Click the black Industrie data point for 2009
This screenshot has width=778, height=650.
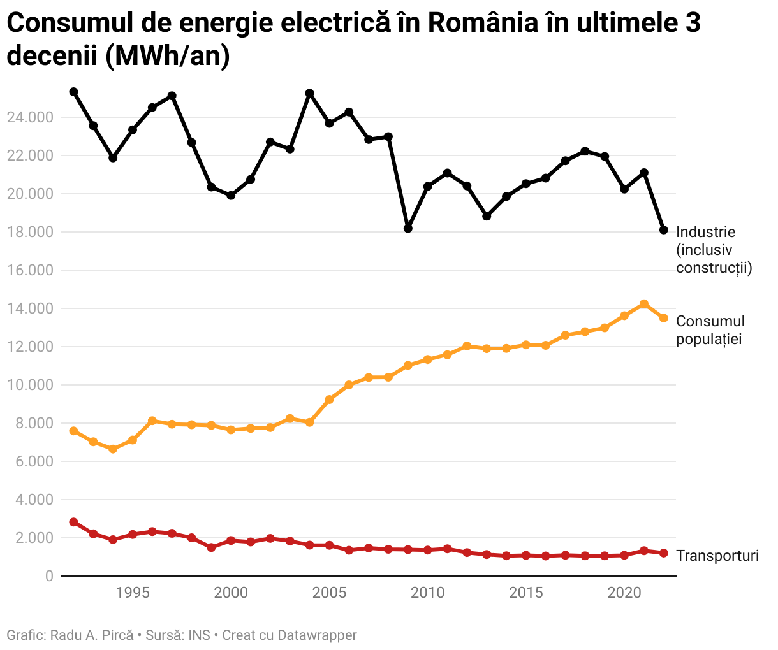point(408,228)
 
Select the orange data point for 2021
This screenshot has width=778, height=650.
point(644,304)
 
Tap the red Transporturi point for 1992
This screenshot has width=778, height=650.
point(74,522)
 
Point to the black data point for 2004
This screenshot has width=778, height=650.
point(310,94)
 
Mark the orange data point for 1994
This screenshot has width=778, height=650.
point(113,449)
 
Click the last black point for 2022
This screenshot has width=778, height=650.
point(664,229)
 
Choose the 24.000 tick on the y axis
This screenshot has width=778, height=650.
point(30,117)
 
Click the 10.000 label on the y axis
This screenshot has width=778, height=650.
point(30,385)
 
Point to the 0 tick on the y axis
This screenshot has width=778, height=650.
point(49,576)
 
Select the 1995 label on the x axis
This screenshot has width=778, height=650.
point(133,593)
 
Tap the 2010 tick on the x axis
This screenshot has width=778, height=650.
point(427,593)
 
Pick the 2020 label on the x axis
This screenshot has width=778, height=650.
point(624,593)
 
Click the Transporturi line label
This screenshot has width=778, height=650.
point(717,556)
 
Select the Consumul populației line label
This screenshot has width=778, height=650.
point(710,330)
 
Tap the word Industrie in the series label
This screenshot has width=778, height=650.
point(705,232)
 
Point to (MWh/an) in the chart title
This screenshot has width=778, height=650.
point(164,56)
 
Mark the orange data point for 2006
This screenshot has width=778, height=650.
point(349,385)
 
